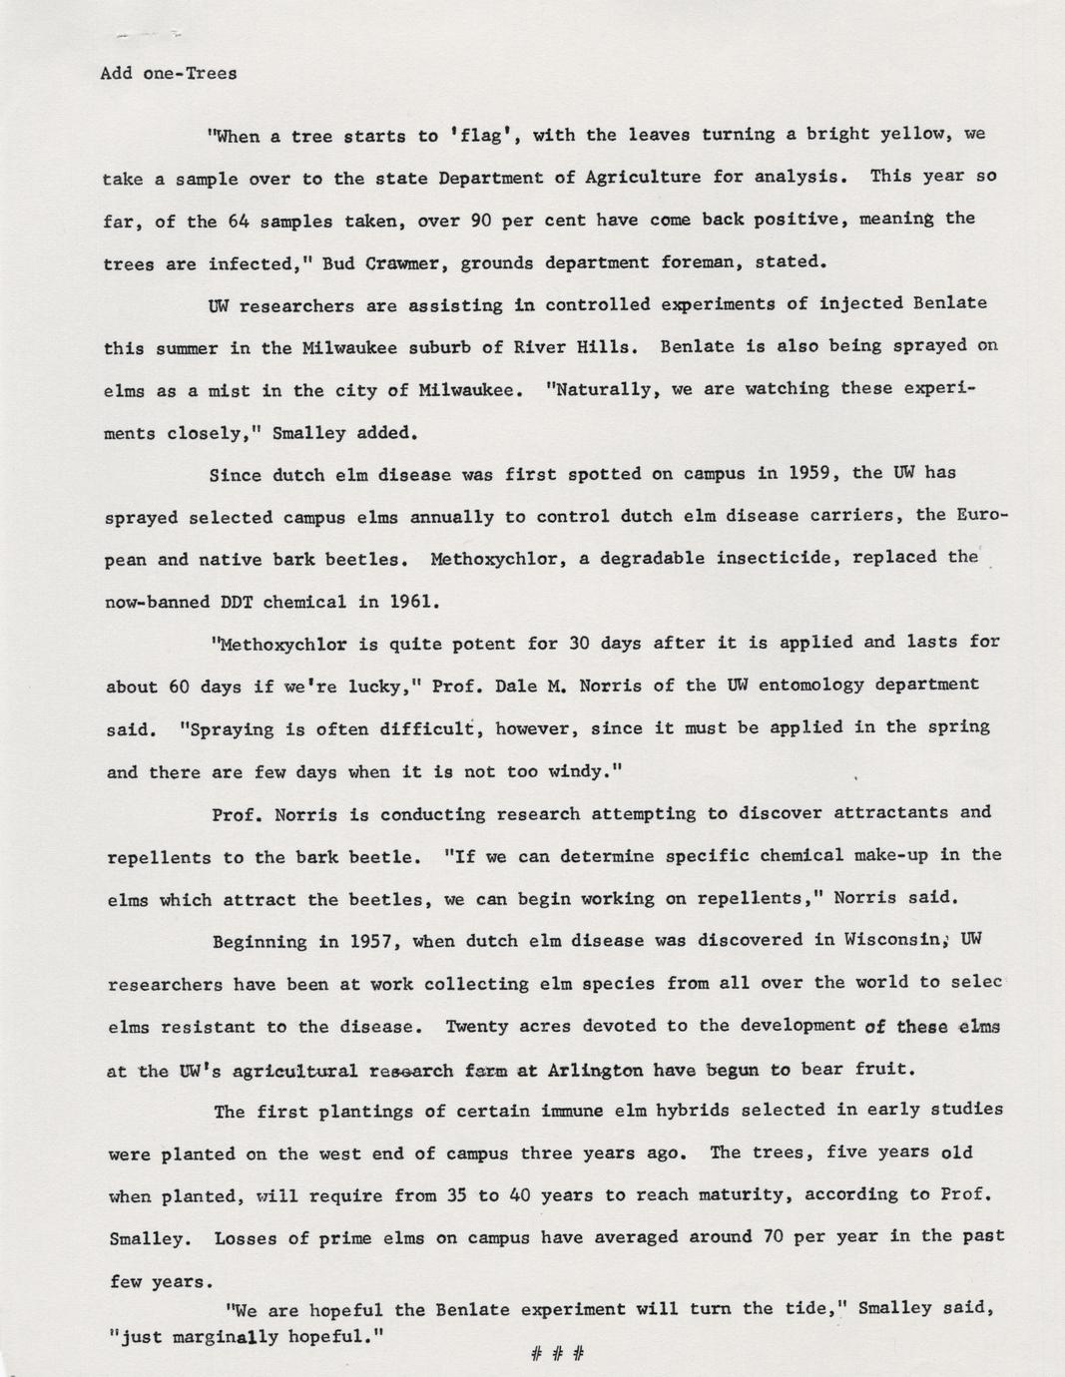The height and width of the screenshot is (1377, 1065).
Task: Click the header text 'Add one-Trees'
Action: point(169,74)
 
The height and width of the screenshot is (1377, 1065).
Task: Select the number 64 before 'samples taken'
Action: point(239,222)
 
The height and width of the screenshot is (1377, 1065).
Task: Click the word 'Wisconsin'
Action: point(894,940)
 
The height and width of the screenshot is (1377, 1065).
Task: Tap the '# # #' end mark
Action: point(557,1354)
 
